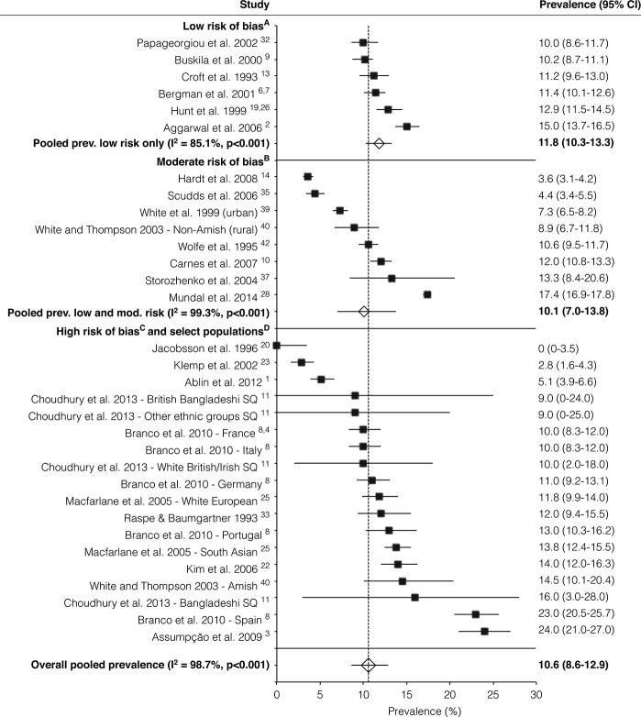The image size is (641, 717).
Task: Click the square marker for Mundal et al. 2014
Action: click(427, 294)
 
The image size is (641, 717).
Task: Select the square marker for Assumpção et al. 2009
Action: click(484, 631)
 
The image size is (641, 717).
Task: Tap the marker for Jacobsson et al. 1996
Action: click(277, 345)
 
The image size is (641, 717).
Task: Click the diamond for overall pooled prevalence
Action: click(369, 665)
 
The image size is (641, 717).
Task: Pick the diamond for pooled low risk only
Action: click(379, 143)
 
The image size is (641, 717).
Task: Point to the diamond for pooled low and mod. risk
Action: click(364, 312)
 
